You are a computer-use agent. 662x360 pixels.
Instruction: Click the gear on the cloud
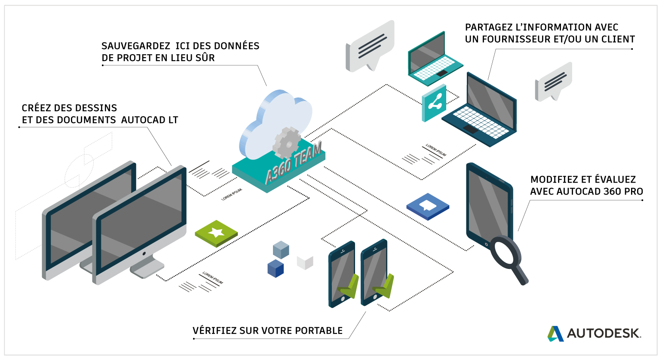coord(287,143)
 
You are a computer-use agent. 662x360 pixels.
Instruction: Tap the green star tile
coord(216,233)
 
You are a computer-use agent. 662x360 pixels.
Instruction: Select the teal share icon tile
coord(434,103)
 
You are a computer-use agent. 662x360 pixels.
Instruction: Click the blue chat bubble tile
coord(428,206)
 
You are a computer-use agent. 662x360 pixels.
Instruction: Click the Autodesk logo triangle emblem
coord(555,334)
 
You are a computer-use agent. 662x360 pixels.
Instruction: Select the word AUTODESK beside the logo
coord(604,333)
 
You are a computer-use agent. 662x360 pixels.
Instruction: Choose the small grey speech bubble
coord(554,82)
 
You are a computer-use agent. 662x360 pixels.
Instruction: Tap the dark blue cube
coord(276,268)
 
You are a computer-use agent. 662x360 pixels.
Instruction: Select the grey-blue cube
coord(281,250)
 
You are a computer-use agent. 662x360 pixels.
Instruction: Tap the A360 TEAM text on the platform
coord(294,163)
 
